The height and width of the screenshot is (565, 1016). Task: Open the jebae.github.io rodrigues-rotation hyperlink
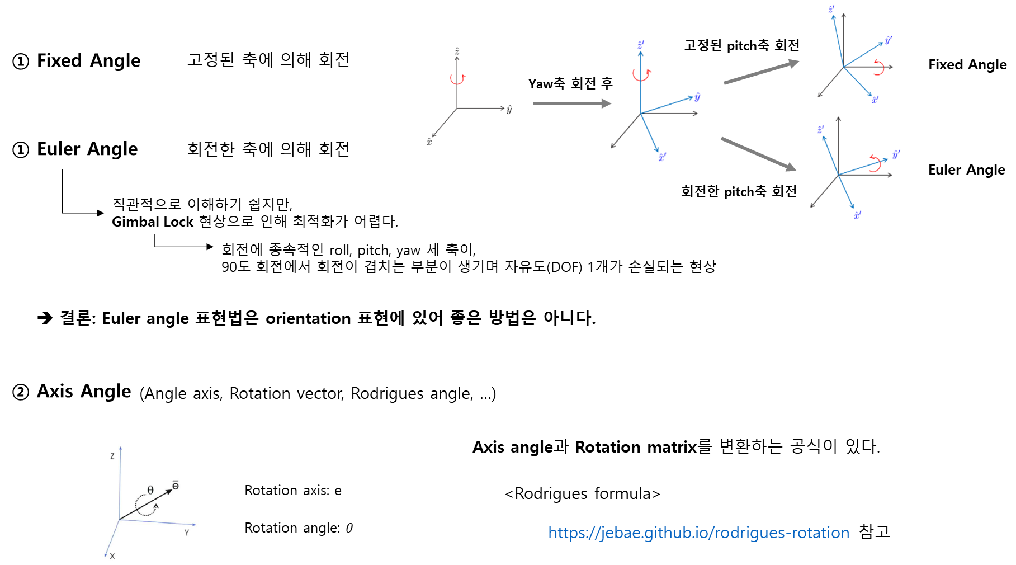pyautogui.click(x=698, y=533)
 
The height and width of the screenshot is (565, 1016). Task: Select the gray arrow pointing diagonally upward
pyautogui.click(x=761, y=72)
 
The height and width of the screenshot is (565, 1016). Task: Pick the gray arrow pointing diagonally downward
pyautogui.click(x=758, y=153)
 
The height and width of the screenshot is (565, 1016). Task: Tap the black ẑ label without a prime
pyautogui.click(x=457, y=51)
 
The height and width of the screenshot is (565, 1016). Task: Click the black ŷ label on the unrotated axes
pyautogui.click(x=509, y=110)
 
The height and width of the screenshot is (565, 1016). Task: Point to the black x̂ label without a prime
pyautogui.click(x=429, y=142)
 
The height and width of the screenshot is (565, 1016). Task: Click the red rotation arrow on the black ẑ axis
pyautogui.click(x=458, y=79)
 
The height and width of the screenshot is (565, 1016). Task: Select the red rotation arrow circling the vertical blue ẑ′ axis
pyautogui.click(x=641, y=74)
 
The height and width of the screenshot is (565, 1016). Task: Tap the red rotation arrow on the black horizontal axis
pyautogui.click(x=879, y=68)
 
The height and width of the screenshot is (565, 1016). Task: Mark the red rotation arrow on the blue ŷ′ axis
pyautogui.click(x=876, y=163)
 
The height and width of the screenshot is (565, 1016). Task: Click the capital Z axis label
pyautogui.click(x=112, y=456)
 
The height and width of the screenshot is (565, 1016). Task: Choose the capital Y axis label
pyautogui.click(x=187, y=533)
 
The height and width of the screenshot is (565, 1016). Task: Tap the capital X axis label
pyautogui.click(x=112, y=556)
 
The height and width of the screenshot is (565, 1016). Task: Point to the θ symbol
pyautogui.click(x=150, y=491)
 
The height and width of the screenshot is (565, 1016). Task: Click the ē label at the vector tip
pyautogui.click(x=176, y=485)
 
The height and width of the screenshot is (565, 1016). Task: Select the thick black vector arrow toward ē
pyautogui.click(x=145, y=504)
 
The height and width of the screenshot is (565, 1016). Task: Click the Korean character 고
pyautogui.click(x=690, y=45)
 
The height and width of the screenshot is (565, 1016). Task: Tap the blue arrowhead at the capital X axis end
pyautogui.click(x=105, y=555)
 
